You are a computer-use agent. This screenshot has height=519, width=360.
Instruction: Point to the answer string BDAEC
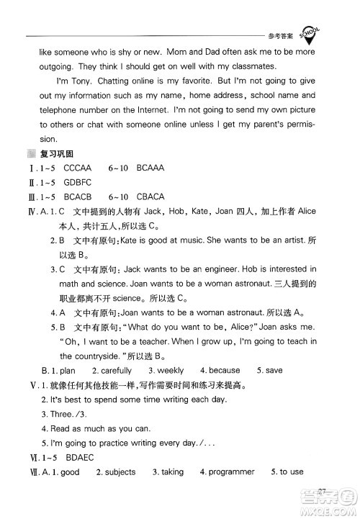79,457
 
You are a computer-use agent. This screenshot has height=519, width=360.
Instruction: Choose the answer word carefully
113,370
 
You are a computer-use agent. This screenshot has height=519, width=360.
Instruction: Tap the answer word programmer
230,472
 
